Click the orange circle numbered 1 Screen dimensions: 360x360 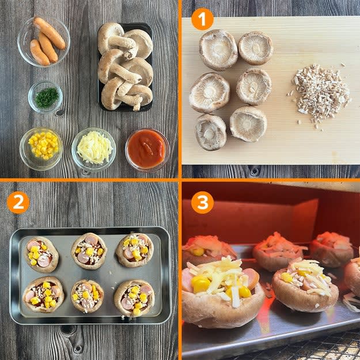point(202,19)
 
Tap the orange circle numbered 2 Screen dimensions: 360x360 point(18,203)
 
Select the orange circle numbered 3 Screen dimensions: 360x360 point(202,203)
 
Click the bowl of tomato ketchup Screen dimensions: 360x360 point(147,150)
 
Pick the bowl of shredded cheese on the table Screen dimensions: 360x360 point(94,149)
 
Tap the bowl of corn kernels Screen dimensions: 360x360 point(41,148)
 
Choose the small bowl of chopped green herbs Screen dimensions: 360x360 point(46,97)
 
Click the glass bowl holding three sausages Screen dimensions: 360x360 point(44,41)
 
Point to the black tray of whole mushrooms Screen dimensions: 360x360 point(125,67)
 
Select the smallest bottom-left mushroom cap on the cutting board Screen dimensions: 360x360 point(211,132)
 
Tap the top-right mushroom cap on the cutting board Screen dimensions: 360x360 point(256,48)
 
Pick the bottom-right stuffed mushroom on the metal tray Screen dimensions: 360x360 point(134,298)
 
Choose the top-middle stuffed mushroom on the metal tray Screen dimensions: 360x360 point(89,251)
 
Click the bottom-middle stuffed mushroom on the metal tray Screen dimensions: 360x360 point(88,296)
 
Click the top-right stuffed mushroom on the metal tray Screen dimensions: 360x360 point(135,250)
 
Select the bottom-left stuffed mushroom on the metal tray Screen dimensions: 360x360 point(43,294)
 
